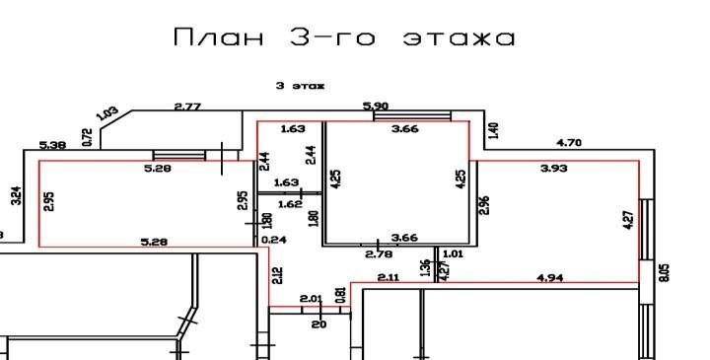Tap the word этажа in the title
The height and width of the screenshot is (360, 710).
(x=460, y=38)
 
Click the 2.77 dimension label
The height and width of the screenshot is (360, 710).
(x=187, y=106)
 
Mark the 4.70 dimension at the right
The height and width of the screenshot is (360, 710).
(x=569, y=143)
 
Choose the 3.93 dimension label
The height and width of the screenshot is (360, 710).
(x=554, y=169)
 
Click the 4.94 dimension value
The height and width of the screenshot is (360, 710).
(x=550, y=279)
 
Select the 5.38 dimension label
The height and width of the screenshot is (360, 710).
(x=52, y=146)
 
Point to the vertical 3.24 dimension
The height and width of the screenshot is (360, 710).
(x=15, y=196)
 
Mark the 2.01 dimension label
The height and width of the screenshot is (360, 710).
(x=312, y=298)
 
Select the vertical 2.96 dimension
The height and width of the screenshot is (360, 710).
(x=484, y=206)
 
